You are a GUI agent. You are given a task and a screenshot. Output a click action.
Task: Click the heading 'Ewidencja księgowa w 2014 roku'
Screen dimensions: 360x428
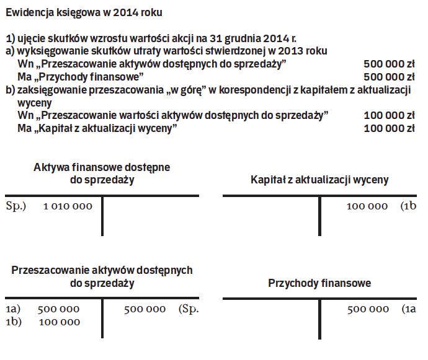pyautogui.click(x=85, y=12)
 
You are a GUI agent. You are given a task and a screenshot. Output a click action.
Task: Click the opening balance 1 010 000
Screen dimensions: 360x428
pyautogui.click(x=68, y=206)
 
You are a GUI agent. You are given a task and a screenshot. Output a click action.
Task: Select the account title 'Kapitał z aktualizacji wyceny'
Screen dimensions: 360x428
pyautogui.click(x=319, y=180)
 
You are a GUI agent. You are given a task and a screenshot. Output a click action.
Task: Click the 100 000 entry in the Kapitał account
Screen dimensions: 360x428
pyautogui.click(x=367, y=206)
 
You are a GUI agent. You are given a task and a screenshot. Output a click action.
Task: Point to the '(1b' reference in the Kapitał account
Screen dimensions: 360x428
pyautogui.click(x=408, y=206)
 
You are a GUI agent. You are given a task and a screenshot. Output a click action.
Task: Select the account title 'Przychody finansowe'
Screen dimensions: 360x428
pyautogui.click(x=319, y=283)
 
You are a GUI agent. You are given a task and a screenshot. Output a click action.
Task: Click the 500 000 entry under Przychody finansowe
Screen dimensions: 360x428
pyautogui.click(x=368, y=309)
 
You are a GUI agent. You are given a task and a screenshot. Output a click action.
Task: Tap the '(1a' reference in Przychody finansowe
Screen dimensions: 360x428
pyautogui.click(x=408, y=309)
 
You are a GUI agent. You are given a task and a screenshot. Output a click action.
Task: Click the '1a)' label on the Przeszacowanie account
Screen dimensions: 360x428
pyautogui.click(x=13, y=309)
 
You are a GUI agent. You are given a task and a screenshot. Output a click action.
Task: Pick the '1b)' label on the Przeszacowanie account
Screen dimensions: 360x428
pyautogui.click(x=14, y=322)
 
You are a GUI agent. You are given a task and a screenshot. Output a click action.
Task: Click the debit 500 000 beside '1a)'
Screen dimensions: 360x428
pyautogui.click(x=58, y=309)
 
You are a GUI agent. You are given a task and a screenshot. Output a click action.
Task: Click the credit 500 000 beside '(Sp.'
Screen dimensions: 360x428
pyautogui.click(x=145, y=309)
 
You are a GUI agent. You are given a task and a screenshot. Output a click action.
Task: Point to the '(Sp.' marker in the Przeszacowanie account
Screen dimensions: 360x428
pyautogui.click(x=188, y=309)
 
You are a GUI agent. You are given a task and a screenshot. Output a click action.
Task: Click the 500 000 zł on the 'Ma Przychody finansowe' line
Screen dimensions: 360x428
pyautogui.click(x=388, y=77)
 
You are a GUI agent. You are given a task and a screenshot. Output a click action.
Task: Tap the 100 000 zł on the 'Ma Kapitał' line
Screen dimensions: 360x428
pyautogui.click(x=388, y=128)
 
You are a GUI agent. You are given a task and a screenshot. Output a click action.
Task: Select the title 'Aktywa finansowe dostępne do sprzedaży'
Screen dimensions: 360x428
pyautogui.click(x=102, y=173)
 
